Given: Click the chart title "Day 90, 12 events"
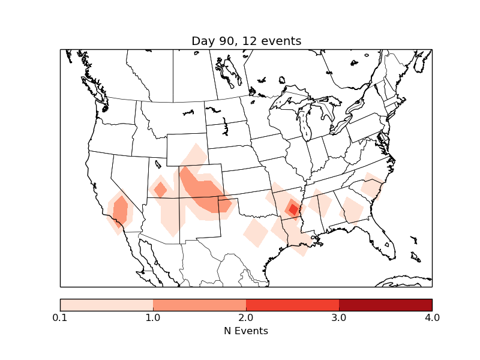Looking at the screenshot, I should point(246,41).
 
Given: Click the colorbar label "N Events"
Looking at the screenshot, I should point(246,331).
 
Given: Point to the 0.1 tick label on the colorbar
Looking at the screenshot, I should point(60,317).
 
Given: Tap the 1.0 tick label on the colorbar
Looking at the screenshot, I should point(153,317).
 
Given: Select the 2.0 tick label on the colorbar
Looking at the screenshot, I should point(246,317).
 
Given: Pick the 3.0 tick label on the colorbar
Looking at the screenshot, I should point(339,317).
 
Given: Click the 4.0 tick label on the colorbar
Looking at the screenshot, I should point(432,317).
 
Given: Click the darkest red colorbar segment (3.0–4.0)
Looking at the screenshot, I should point(385,304).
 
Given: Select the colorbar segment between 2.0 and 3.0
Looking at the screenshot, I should point(292,304).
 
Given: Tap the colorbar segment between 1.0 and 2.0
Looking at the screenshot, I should point(199,304).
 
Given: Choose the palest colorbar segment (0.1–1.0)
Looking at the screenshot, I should point(106,304).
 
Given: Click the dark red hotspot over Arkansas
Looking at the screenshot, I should point(293,209).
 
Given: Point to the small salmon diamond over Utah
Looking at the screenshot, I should point(160,190).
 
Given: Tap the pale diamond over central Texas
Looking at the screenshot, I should point(256,232).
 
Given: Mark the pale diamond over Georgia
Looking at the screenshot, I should point(352,211).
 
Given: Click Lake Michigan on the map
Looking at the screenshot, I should point(304,126).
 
